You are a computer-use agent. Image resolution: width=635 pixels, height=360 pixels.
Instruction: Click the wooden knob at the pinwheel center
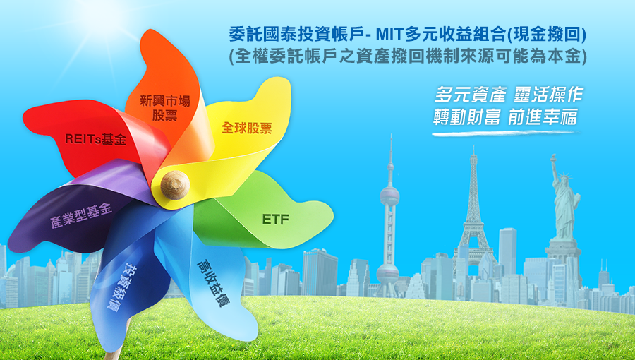pos(175,185)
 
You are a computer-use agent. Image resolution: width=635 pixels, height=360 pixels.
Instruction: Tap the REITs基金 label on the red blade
pos(95,139)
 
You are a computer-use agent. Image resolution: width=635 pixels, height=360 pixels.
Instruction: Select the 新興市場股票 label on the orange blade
pos(165,108)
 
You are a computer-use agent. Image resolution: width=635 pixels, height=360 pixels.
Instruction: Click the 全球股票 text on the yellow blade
pos(247,128)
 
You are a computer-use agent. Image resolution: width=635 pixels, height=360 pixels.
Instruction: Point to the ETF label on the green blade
pos(276,220)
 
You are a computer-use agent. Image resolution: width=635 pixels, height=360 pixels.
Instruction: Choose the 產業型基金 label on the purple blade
pos(81,215)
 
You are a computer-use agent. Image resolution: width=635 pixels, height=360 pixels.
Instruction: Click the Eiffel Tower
pos(473,219)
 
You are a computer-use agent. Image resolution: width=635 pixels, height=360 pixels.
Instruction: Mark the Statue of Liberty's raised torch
pos(552,157)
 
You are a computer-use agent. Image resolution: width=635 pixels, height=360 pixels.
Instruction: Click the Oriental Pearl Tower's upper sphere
pos(389,196)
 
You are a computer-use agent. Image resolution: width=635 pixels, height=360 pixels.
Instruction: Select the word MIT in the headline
pos(389,35)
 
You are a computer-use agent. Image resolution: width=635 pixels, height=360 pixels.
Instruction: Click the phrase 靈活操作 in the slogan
pos(548,95)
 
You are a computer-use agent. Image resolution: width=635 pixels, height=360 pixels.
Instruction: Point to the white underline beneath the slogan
pos(504,133)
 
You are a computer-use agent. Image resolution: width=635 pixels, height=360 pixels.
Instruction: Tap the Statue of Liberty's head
pos(563,176)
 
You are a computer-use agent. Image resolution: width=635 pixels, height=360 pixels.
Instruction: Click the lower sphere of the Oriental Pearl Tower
pos(387,273)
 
